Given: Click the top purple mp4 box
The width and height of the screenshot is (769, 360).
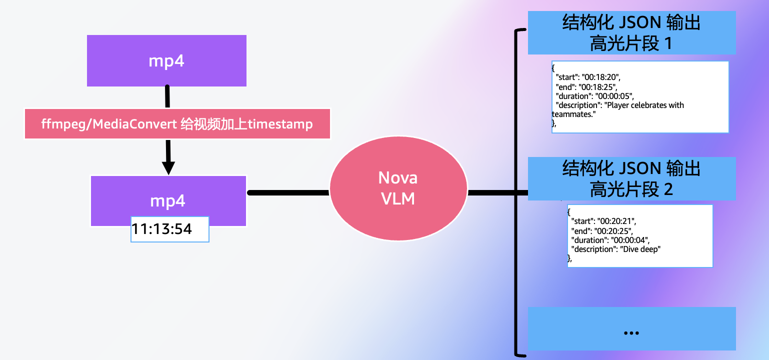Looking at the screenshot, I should click(x=166, y=60).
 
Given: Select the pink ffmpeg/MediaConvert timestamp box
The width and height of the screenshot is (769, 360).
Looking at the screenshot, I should click(x=177, y=123).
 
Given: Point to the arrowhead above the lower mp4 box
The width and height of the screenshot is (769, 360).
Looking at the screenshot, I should click(x=168, y=166).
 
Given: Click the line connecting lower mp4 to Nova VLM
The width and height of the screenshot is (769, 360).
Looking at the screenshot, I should click(x=288, y=192).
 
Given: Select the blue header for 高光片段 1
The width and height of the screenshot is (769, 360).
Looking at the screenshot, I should click(x=631, y=33).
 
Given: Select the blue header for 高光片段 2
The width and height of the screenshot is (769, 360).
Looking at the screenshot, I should click(x=631, y=178).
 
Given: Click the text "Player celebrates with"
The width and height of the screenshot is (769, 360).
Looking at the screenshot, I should click(x=644, y=105).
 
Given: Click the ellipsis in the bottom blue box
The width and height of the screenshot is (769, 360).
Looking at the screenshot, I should click(x=631, y=332).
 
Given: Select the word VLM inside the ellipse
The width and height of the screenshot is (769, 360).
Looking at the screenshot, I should click(x=398, y=198).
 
